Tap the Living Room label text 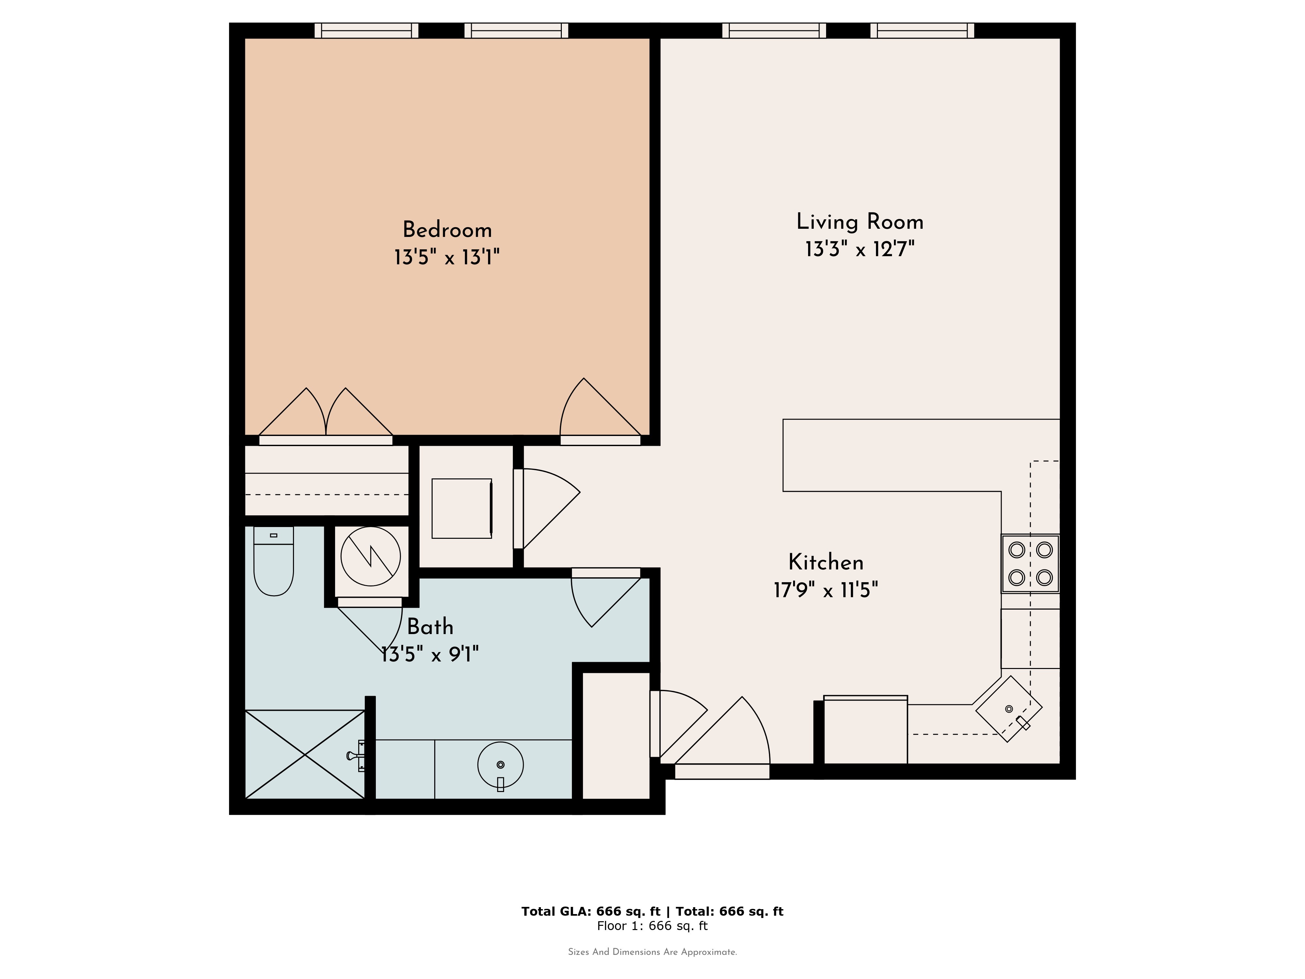tap(860, 222)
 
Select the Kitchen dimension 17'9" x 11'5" tap(826, 590)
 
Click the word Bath tap(430, 627)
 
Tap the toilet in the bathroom tap(273, 561)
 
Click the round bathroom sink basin tap(500, 765)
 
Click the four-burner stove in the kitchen tap(1030, 564)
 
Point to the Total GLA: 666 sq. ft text tap(591, 911)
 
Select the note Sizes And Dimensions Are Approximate tap(652, 952)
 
